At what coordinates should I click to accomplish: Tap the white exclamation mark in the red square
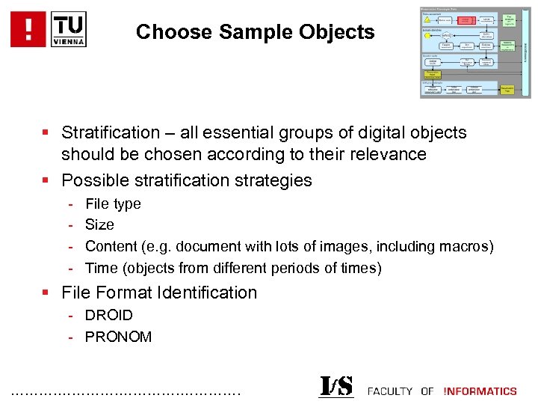pos(29,28)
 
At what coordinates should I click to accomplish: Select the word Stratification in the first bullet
pos(111,133)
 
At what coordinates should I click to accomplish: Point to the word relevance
pos(389,155)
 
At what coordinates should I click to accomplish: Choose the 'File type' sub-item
pos(113,203)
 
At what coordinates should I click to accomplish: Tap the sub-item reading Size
pos(99,224)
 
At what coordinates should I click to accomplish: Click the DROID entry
pos(109,315)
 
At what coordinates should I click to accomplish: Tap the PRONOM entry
pos(118,337)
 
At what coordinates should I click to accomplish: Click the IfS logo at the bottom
pos(336,386)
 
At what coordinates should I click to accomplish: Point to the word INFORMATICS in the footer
pos(480,391)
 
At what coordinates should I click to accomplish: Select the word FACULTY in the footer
pos(390,391)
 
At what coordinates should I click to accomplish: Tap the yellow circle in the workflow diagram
pos(427,35)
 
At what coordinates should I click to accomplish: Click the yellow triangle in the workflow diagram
pos(427,19)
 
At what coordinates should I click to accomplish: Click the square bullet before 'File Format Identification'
pos(46,293)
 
